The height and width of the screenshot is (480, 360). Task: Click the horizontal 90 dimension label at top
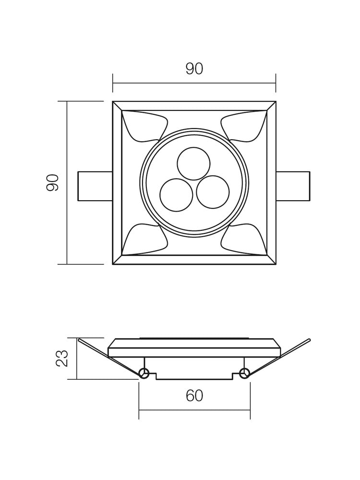pyautogui.click(x=194, y=69)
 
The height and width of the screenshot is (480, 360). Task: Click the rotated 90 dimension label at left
pyautogui.click(x=53, y=183)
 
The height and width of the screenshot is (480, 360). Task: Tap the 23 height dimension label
pyautogui.click(x=62, y=359)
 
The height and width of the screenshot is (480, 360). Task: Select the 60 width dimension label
pyautogui.click(x=194, y=396)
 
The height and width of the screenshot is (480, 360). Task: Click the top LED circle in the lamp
pyautogui.click(x=193, y=164)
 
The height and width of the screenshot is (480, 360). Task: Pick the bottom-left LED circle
pyautogui.click(x=176, y=195)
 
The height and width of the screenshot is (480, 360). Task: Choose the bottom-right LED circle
pyautogui.click(x=213, y=192)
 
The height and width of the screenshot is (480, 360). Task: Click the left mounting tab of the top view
pyautogui.click(x=95, y=186)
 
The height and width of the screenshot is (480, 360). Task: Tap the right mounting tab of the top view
pyautogui.click(x=293, y=186)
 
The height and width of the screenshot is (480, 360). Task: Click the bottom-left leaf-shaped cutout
pyautogui.click(x=139, y=240)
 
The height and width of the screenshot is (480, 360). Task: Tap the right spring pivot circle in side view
pyautogui.click(x=244, y=373)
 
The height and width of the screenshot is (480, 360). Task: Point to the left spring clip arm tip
pyautogui.click(x=79, y=340)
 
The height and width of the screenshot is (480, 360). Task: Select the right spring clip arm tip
pyautogui.click(x=309, y=340)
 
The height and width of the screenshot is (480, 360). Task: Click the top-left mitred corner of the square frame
pyautogui.click(x=117, y=106)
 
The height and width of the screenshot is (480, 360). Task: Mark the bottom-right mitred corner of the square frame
pyautogui.click(x=271, y=260)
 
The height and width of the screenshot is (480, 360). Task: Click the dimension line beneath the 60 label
pyautogui.click(x=194, y=410)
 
